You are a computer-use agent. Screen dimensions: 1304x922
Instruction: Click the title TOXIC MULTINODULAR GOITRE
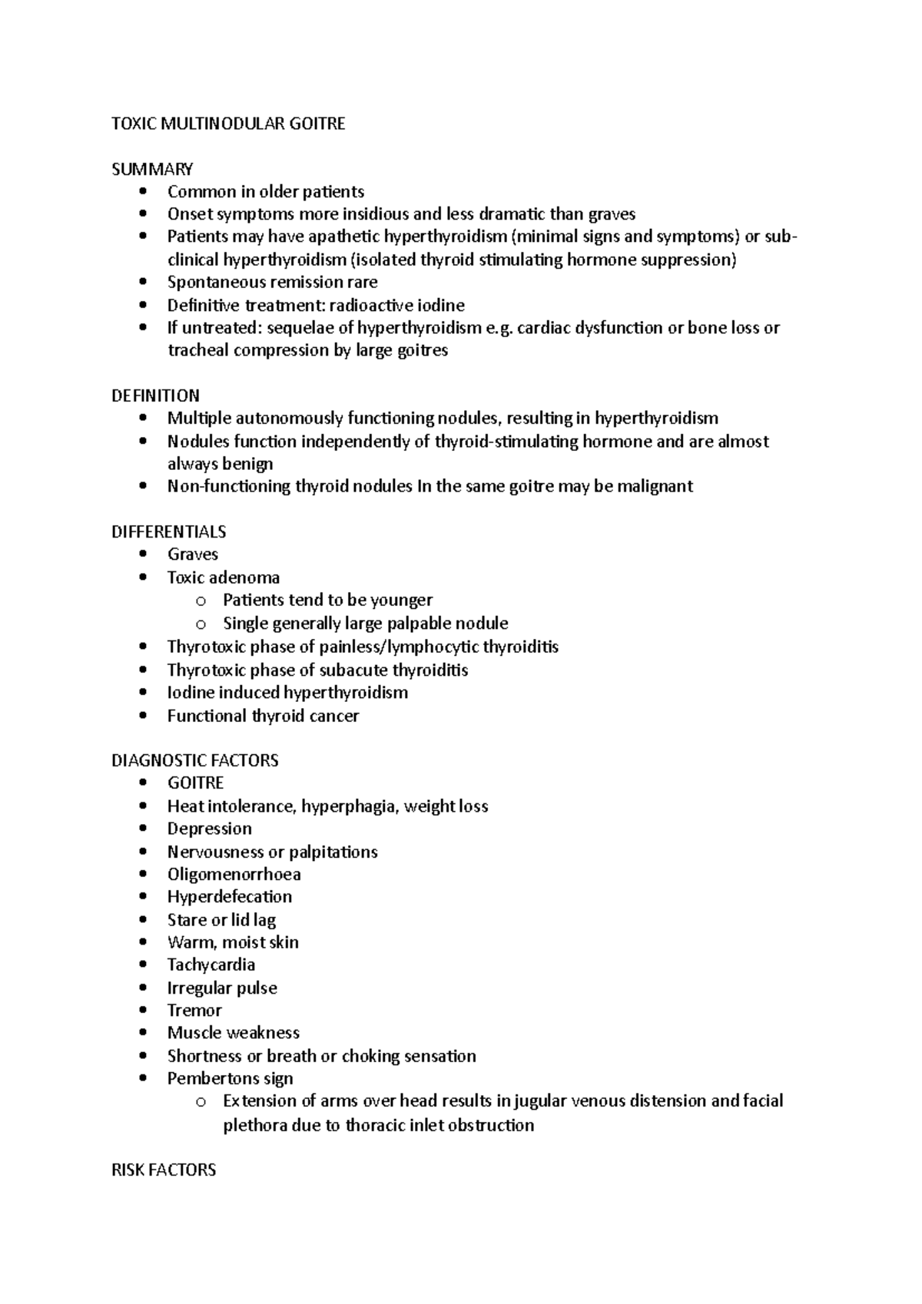click(228, 124)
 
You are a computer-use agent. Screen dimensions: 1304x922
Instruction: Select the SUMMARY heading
click(152, 169)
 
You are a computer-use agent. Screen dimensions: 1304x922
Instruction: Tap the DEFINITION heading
click(155, 396)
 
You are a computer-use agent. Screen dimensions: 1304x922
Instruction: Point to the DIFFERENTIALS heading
click(168, 531)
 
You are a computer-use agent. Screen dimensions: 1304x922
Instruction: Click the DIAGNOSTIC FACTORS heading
click(194, 760)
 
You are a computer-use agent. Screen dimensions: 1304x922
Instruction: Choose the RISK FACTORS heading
click(164, 1170)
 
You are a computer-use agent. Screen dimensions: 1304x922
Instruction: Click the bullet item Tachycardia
click(211, 965)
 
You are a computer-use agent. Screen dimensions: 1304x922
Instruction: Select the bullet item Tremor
click(194, 1010)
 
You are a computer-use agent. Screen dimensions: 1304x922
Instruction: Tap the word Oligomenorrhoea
click(234, 874)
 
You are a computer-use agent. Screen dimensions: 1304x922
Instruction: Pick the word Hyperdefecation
click(230, 896)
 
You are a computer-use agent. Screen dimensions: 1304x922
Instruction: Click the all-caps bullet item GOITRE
click(195, 783)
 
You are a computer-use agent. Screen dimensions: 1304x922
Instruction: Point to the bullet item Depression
click(210, 829)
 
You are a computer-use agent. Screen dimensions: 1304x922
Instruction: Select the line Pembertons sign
click(230, 1078)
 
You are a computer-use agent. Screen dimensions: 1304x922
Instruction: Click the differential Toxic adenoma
click(224, 578)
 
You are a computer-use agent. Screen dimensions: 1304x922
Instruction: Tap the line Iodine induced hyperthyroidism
click(287, 692)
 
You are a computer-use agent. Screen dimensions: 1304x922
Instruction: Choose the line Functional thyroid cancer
click(263, 716)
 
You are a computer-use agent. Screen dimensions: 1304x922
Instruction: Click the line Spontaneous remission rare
click(272, 282)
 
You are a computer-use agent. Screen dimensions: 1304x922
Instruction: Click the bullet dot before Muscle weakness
click(143, 1034)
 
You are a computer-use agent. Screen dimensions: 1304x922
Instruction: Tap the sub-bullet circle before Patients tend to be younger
click(201, 601)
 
